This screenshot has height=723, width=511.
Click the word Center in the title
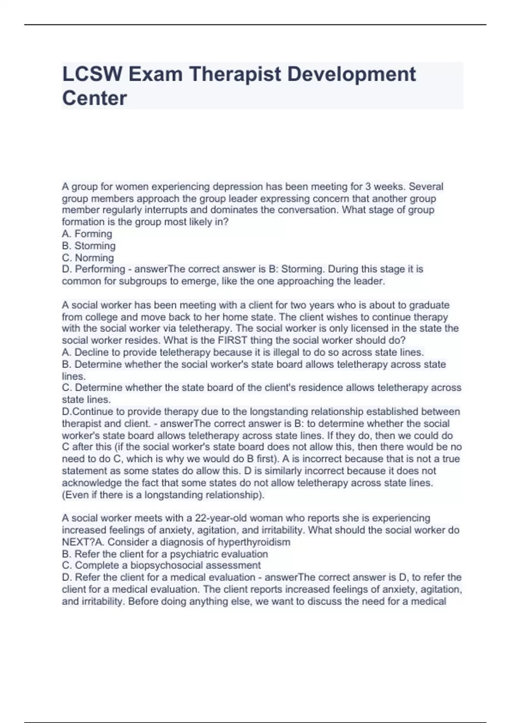[x=95, y=98]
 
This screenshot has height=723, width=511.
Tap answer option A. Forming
[x=87, y=234]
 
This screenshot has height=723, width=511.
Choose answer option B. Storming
[x=89, y=246]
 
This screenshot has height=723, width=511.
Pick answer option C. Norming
[x=88, y=258]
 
